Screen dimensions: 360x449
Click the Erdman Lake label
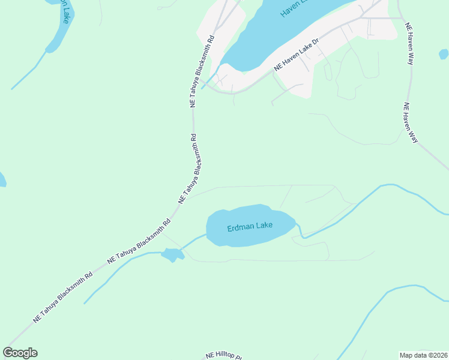(250, 227)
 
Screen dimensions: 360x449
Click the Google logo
(20, 353)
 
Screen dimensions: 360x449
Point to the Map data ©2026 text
(423, 355)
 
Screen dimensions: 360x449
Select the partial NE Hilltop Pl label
(223, 356)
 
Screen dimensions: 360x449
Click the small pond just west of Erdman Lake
(172, 255)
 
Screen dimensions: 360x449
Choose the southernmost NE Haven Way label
(410, 123)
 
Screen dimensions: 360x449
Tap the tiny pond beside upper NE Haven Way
(443, 54)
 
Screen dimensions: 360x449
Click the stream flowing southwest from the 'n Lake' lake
(27, 74)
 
